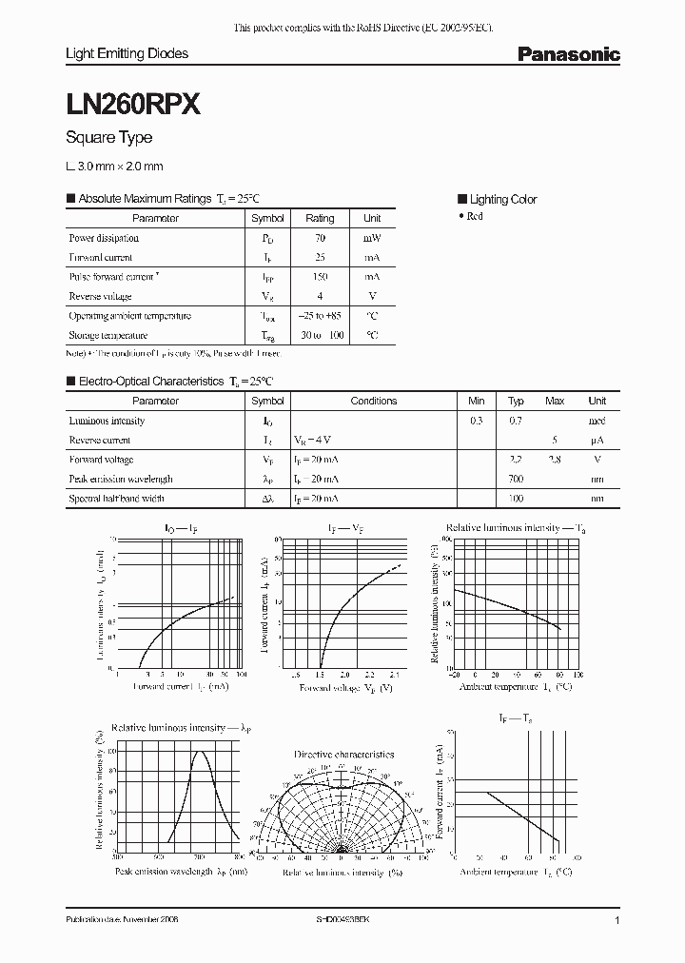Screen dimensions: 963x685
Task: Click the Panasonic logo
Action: tap(568, 55)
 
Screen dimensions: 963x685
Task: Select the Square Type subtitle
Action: tap(108, 138)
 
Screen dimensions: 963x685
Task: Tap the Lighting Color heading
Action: tap(502, 199)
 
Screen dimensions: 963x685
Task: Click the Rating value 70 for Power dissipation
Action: tap(320, 238)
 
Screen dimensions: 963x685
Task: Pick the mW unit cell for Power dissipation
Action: tap(372, 238)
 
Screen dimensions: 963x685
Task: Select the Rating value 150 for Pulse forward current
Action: tap(320, 277)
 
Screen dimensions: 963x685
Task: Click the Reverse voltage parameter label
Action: tap(101, 296)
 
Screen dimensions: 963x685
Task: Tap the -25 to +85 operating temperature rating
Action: tap(320, 316)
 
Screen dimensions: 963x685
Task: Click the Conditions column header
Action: tap(374, 401)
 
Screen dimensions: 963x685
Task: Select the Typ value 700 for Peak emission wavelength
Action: tap(516, 479)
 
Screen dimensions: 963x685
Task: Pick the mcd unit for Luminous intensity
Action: tap(597, 421)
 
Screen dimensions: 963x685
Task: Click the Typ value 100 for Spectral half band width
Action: tap(516, 498)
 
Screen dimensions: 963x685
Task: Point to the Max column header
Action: tap(555, 401)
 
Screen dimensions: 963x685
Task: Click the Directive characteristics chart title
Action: tap(343, 754)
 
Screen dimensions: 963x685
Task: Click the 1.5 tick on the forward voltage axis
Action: tap(321, 675)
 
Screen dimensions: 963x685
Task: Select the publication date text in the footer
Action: tap(122, 921)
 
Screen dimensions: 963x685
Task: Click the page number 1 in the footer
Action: tap(617, 921)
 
